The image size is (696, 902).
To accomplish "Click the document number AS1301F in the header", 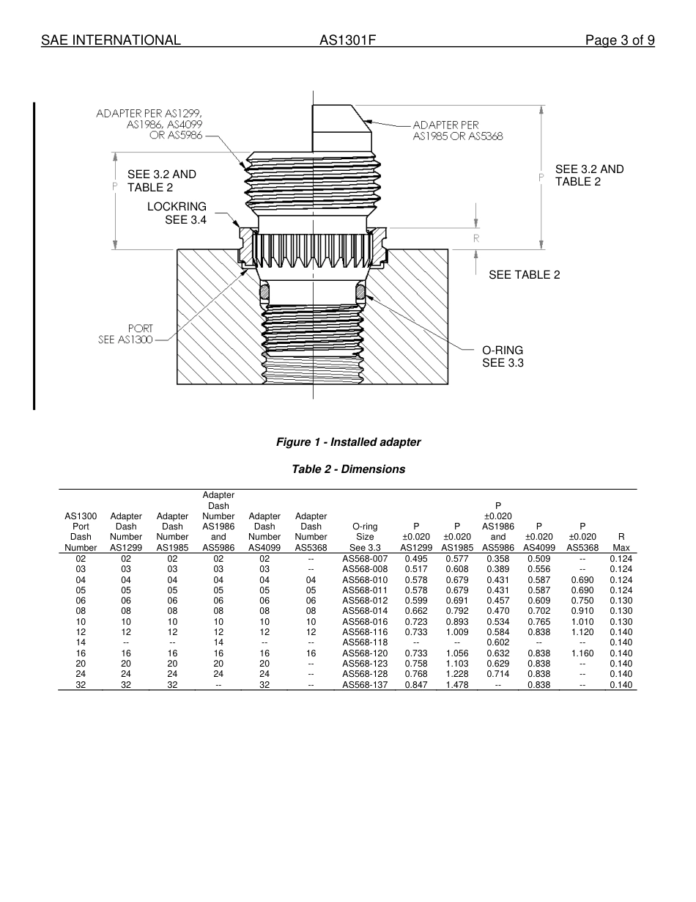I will click(347, 40).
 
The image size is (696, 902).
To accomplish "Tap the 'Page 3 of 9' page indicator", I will click(619, 40).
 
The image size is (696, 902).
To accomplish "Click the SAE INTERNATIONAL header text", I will click(111, 40).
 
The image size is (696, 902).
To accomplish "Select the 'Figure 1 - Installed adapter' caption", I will click(348, 442).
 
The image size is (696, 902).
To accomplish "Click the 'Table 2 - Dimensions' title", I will click(348, 469).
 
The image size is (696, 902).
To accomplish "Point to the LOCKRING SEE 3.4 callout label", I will click(177, 213).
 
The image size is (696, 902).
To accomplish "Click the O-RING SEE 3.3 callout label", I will click(503, 356).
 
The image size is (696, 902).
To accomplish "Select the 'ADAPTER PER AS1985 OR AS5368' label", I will click(457, 131).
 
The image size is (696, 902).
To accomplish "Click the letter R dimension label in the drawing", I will click(476, 238).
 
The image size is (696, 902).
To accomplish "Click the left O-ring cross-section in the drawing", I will click(265, 292).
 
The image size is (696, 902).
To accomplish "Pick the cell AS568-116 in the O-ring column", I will click(365, 632).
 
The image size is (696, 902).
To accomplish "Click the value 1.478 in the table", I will click(457, 685).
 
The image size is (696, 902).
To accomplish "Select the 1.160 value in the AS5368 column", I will click(582, 653).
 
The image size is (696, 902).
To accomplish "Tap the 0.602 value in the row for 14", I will click(498, 642).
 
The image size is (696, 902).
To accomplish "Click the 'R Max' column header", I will click(621, 541).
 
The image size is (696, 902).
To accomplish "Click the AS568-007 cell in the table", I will click(365, 559).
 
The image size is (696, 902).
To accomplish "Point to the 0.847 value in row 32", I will click(416, 685).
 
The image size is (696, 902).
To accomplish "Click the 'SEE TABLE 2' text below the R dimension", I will click(525, 275).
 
